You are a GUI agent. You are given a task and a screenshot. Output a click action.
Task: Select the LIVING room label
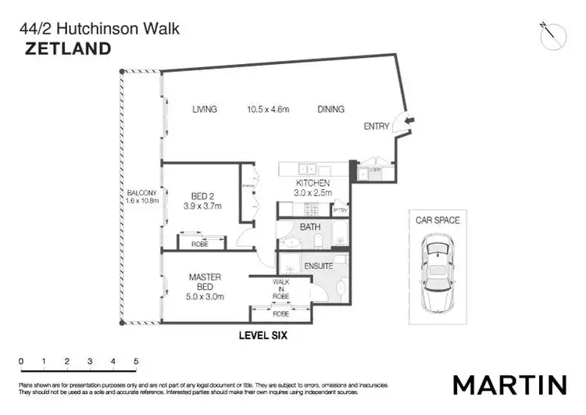coord(205,109)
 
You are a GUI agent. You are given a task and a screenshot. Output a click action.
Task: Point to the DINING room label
coord(331,109)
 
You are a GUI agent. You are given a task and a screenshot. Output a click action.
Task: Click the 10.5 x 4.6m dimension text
coord(268,109)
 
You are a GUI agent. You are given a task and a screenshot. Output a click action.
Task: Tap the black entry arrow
coord(413,120)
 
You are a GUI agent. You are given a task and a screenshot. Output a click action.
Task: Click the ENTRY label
coord(377,126)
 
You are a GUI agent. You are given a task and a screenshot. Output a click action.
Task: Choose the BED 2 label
coord(207,196)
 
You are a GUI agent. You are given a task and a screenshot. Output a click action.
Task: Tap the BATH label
coord(310,227)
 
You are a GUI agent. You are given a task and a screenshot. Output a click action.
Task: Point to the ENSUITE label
coord(318,266)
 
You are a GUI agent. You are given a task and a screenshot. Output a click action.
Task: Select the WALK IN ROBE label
coord(280,289)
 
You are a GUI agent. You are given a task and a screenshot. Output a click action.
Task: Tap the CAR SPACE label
coord(437,220)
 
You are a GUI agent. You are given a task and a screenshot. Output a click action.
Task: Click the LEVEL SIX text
coord(263,336)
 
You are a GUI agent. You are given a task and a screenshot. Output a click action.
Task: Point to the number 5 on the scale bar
coord(136,361)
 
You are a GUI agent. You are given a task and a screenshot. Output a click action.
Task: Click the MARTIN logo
coord(509,385)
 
